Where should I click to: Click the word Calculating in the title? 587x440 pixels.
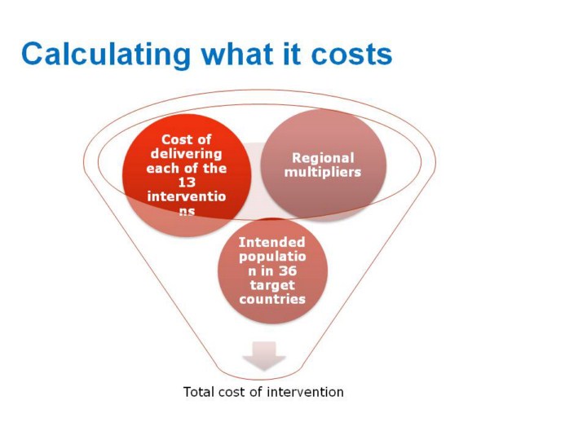pyautogui.click(x=106, y=55)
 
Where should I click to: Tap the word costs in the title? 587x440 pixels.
pyautogui.click(x=351, y=55)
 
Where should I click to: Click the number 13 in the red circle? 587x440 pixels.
pyautogui.click(x=187, y=183)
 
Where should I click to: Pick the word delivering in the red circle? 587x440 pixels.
pyautogui.click(x=187, y=154)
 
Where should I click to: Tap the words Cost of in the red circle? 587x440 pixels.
pyautogui.click(x=187, y=139)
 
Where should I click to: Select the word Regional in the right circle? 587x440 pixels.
pyautogui.click(x=323, y=158)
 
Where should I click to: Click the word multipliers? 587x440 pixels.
pyautogui.click(x=323, y=172)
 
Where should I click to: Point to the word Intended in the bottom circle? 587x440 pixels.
pyautogui.click(x=272, y=242)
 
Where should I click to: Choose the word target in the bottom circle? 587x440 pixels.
pyautogui.click(x=272, y=285)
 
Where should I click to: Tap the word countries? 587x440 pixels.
pyautogui.click(x=272, y=299)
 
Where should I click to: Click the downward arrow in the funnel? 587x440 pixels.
pyautogui.click(x=264, y=356)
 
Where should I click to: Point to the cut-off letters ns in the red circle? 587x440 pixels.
pyautogui.click(x=187, y=212)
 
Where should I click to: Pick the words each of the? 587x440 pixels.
pyautogui.click(x=187, y=168)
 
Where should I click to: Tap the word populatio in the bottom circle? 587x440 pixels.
pyautogui.click(x=272, y=257)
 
